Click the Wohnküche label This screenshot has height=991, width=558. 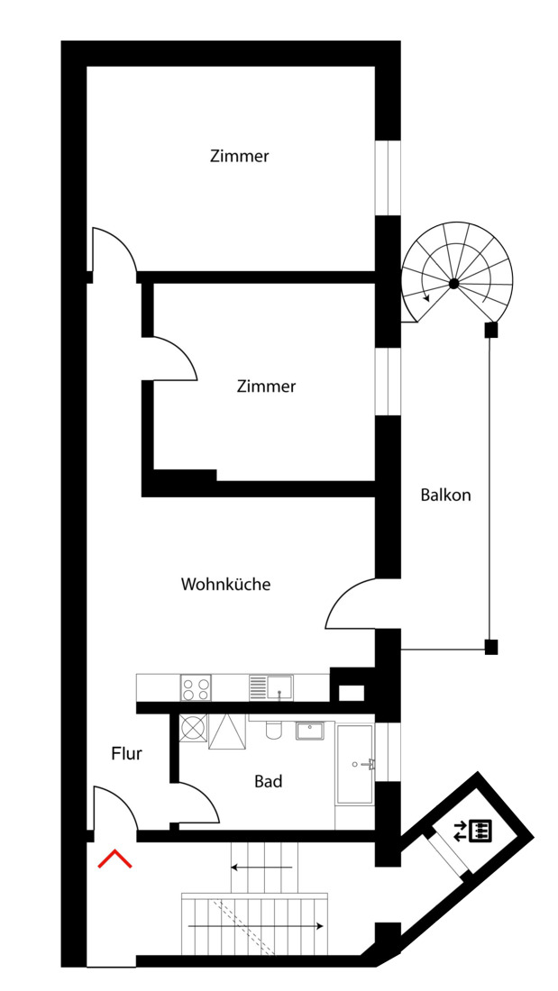pyautogui.click(x=225, y=584)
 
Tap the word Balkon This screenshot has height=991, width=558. pyautogui.click(x=445, y=495)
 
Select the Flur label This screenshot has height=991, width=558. pyautogui.click(x=126, y=753)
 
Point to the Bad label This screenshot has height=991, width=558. pyautogui.click(x=268, y=781)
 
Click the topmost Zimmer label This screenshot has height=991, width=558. pyautogui.click(x=239, y=156)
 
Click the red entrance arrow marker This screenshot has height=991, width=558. pyautogui.click(x=114, y=859)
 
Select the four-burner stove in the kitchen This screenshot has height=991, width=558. pyautogui.click(x=196, y=688)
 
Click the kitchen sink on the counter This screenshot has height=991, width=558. pyautogui.click(x=279, y=687)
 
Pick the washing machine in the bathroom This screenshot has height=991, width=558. pyautogui.click(x=192, y=727)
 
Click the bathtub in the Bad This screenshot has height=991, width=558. pyautogui.click(x=354, y=764)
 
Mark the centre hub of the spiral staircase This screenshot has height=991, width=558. pyautogui.click(x=454, y=284)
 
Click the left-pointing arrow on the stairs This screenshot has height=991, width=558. pyautogui.click(x=261, y=868)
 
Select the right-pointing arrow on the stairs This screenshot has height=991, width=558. pyautogui.click(x=255, y=925)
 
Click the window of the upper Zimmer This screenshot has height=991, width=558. pyautogui.click(x=388, y=177)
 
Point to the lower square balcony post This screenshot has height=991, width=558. pyautogui.click(x=490, y=646)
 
